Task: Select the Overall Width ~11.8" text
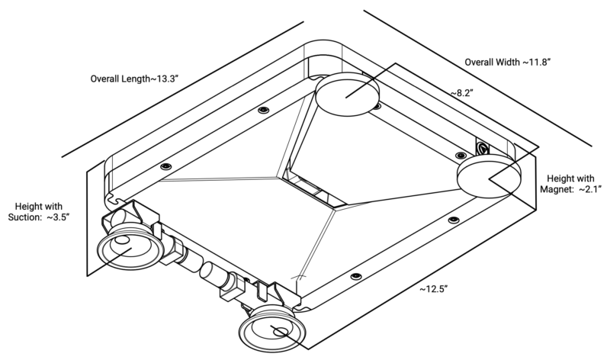508,61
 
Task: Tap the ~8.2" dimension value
462,92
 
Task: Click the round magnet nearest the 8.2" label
348,95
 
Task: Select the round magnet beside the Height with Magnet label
488,175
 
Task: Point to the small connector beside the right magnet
483,146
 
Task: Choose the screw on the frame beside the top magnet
376,106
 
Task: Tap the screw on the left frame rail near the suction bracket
164,166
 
